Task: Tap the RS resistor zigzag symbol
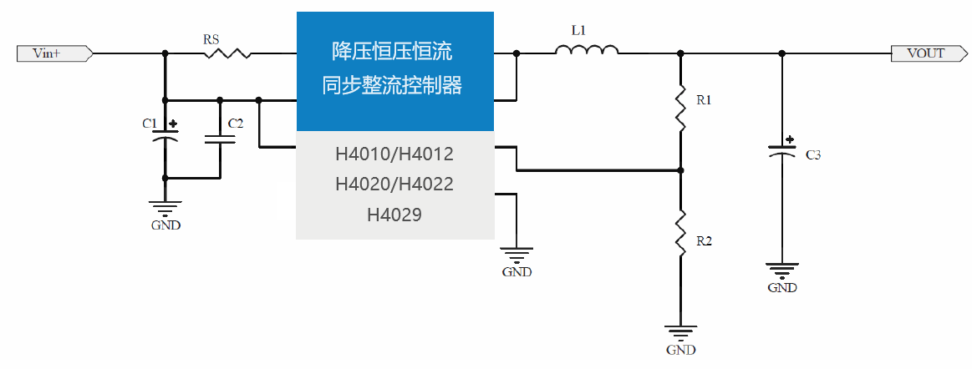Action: click(x=226, y=53)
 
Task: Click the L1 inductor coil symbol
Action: click(x=587, y=51)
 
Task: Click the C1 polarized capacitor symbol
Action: click(x=165, y=137)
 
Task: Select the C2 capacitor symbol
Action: click(x=220, y=138)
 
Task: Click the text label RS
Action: click(x=212, y=38)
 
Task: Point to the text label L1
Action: click(x=578, y=30)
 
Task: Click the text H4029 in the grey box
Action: click(x=394, y=215)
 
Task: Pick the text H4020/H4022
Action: click(x=394, y=184)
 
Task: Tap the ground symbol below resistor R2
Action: click(x=680, y=332)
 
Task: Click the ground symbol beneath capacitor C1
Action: click(x=165, y=208)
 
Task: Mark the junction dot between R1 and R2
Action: click(x=680, y=170)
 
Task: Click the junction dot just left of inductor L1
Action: click(x=517, y=53)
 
